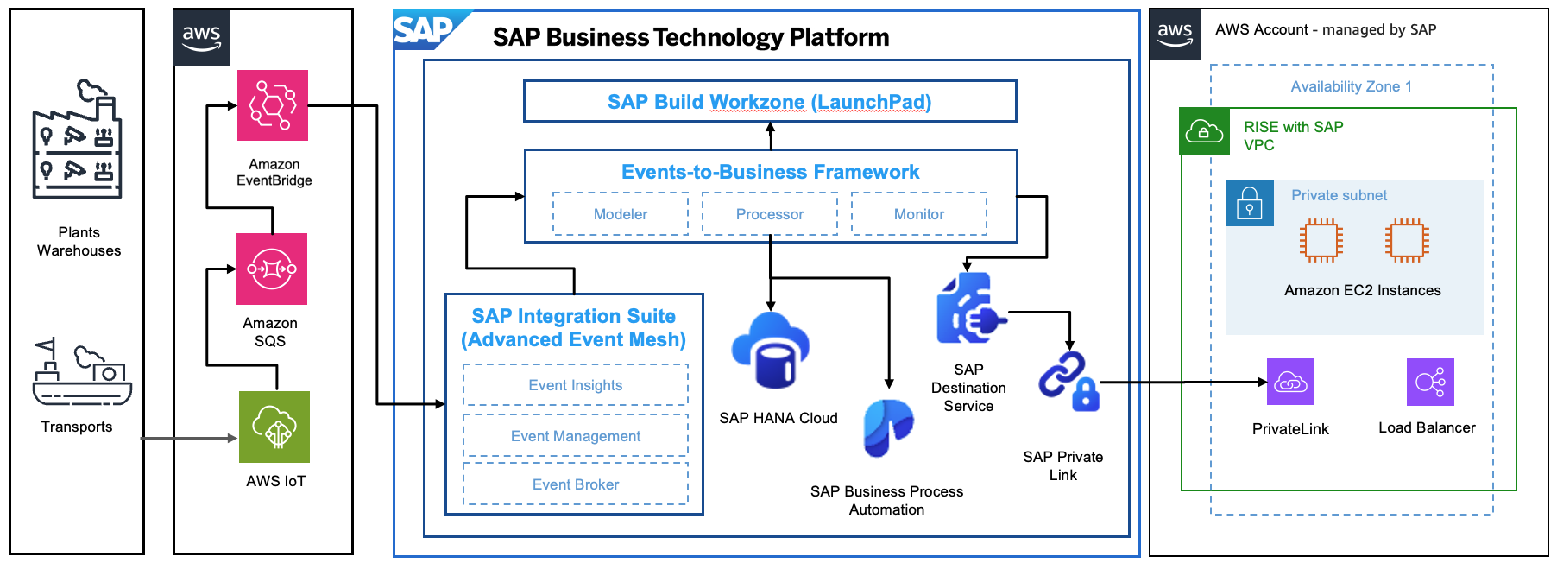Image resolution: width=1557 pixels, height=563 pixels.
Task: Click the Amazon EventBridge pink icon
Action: pos(273,105)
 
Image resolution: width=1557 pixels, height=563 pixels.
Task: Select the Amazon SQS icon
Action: pos(272,269)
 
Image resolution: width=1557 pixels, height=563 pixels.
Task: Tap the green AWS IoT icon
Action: pos(274,427)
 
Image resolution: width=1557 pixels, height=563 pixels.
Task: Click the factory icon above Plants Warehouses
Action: pos(77,142)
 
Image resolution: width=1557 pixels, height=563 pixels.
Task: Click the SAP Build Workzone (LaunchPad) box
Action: pos(770,102)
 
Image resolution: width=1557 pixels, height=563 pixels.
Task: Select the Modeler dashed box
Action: pos(621,214)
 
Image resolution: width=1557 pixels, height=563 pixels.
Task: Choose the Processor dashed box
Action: pos(770,214)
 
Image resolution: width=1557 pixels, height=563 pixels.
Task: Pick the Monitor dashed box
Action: pos(919,214)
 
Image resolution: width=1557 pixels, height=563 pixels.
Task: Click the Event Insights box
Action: pos(576,385)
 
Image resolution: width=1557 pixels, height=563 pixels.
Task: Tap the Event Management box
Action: pos(576,436)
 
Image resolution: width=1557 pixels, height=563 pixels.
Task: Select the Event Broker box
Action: pos(576,484)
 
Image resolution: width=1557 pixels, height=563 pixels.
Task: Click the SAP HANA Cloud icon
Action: pos(770,350)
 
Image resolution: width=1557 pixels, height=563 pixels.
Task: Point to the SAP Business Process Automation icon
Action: pos(887,427)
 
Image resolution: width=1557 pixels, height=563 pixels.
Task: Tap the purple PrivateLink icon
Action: pos(1290,382)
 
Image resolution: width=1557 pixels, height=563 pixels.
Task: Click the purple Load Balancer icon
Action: pos(1430,382)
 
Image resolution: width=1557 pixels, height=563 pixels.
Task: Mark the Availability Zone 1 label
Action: pos(1351,86)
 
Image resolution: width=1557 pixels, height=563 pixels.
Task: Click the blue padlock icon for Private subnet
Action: pos(1250,203)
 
